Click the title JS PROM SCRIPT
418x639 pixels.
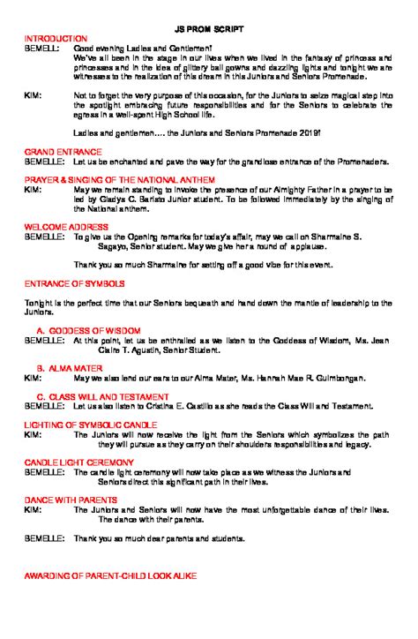(208, 29)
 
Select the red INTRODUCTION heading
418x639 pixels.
(56, 39)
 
